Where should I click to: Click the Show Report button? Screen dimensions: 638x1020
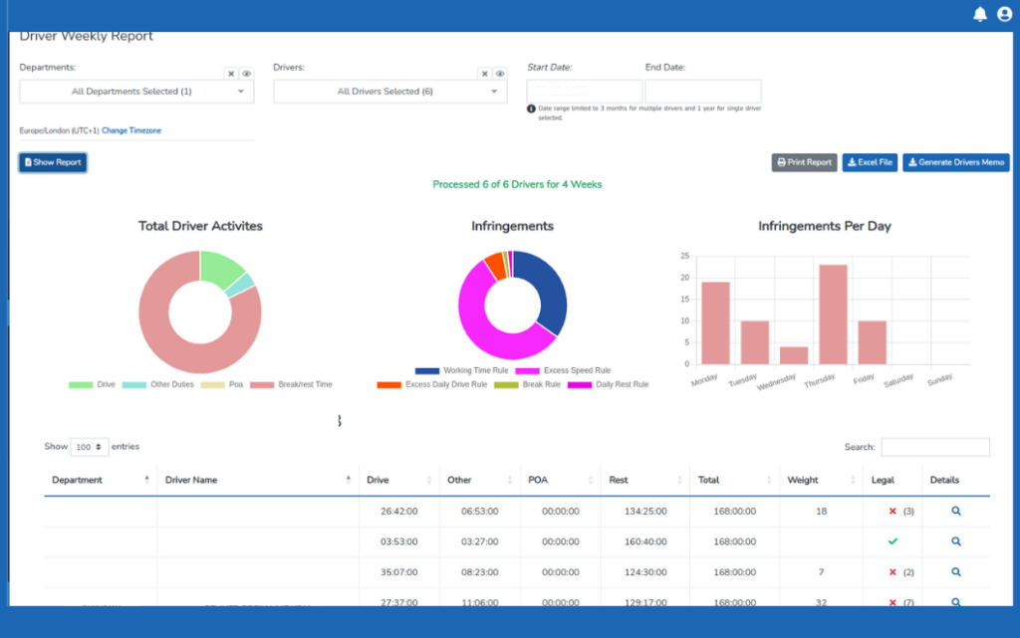[53, 162]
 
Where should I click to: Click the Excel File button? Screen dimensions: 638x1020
[870, 162]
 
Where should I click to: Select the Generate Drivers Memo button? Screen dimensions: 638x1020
[956, 162]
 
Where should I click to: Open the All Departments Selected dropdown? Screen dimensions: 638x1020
[136, 92]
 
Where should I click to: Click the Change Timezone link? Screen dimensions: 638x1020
[131, 130]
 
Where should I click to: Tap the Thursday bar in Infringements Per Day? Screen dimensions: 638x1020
[832, 314]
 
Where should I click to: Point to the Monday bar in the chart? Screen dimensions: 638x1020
[715, 322]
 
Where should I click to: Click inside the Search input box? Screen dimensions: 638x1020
[934, 447]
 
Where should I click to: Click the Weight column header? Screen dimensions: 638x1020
[803, 480]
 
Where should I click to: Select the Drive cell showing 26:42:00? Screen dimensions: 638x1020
[398, 511]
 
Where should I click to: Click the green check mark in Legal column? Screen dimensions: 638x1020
[892, 541]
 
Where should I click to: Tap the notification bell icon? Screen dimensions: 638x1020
[980, 14]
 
